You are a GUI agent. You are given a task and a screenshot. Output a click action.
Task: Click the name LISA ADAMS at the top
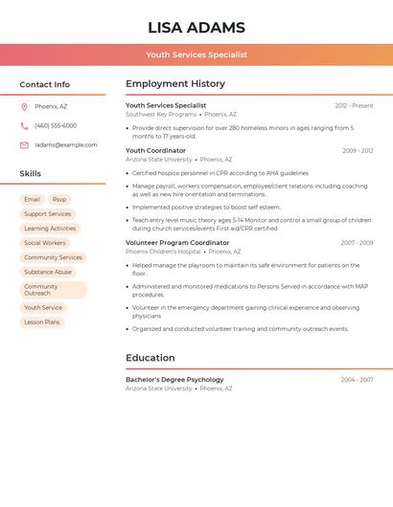click(x=196, y=28)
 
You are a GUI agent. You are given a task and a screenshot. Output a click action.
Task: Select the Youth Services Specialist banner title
click(x=196, y=55)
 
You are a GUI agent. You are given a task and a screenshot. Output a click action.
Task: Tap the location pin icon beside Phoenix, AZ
click(x=24, y=106)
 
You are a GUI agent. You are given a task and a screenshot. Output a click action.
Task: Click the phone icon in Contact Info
click(x=24, y=125)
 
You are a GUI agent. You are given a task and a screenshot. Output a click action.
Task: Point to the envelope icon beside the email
click(x=24, y=145)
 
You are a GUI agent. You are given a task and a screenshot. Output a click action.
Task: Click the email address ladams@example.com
click(x=66, y=145)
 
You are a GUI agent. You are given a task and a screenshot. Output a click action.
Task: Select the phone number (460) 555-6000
click(x=56, y=125)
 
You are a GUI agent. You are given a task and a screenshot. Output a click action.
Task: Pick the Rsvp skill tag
click(x=59, y=200)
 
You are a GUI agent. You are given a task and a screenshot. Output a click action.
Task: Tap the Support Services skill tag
click(x=48, y=214)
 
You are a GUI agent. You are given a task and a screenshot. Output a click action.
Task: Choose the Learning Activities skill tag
click(x=50, y=229)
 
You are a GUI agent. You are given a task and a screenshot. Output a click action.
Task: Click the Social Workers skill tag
click(x=45, y=243)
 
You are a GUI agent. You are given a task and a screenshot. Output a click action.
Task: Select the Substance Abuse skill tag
click(x=48, y=272)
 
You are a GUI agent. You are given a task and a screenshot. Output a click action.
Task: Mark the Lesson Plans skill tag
click(x=42, y=322)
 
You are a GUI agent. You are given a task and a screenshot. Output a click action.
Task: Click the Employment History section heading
click(x=175, y=84)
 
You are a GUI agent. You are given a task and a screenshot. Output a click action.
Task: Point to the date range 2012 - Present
click(x=354, y=106)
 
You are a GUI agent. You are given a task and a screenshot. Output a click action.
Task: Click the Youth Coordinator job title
click(x=155, y=151)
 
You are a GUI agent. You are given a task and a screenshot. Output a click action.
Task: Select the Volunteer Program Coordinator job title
click(x=177, y=243)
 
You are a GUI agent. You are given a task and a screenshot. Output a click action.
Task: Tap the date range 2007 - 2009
click(x=357, y=243)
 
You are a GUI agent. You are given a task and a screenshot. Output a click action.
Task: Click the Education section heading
click(x=150, y=359)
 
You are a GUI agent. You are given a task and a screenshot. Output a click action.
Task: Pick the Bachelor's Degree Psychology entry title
click(x=174, y=380)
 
